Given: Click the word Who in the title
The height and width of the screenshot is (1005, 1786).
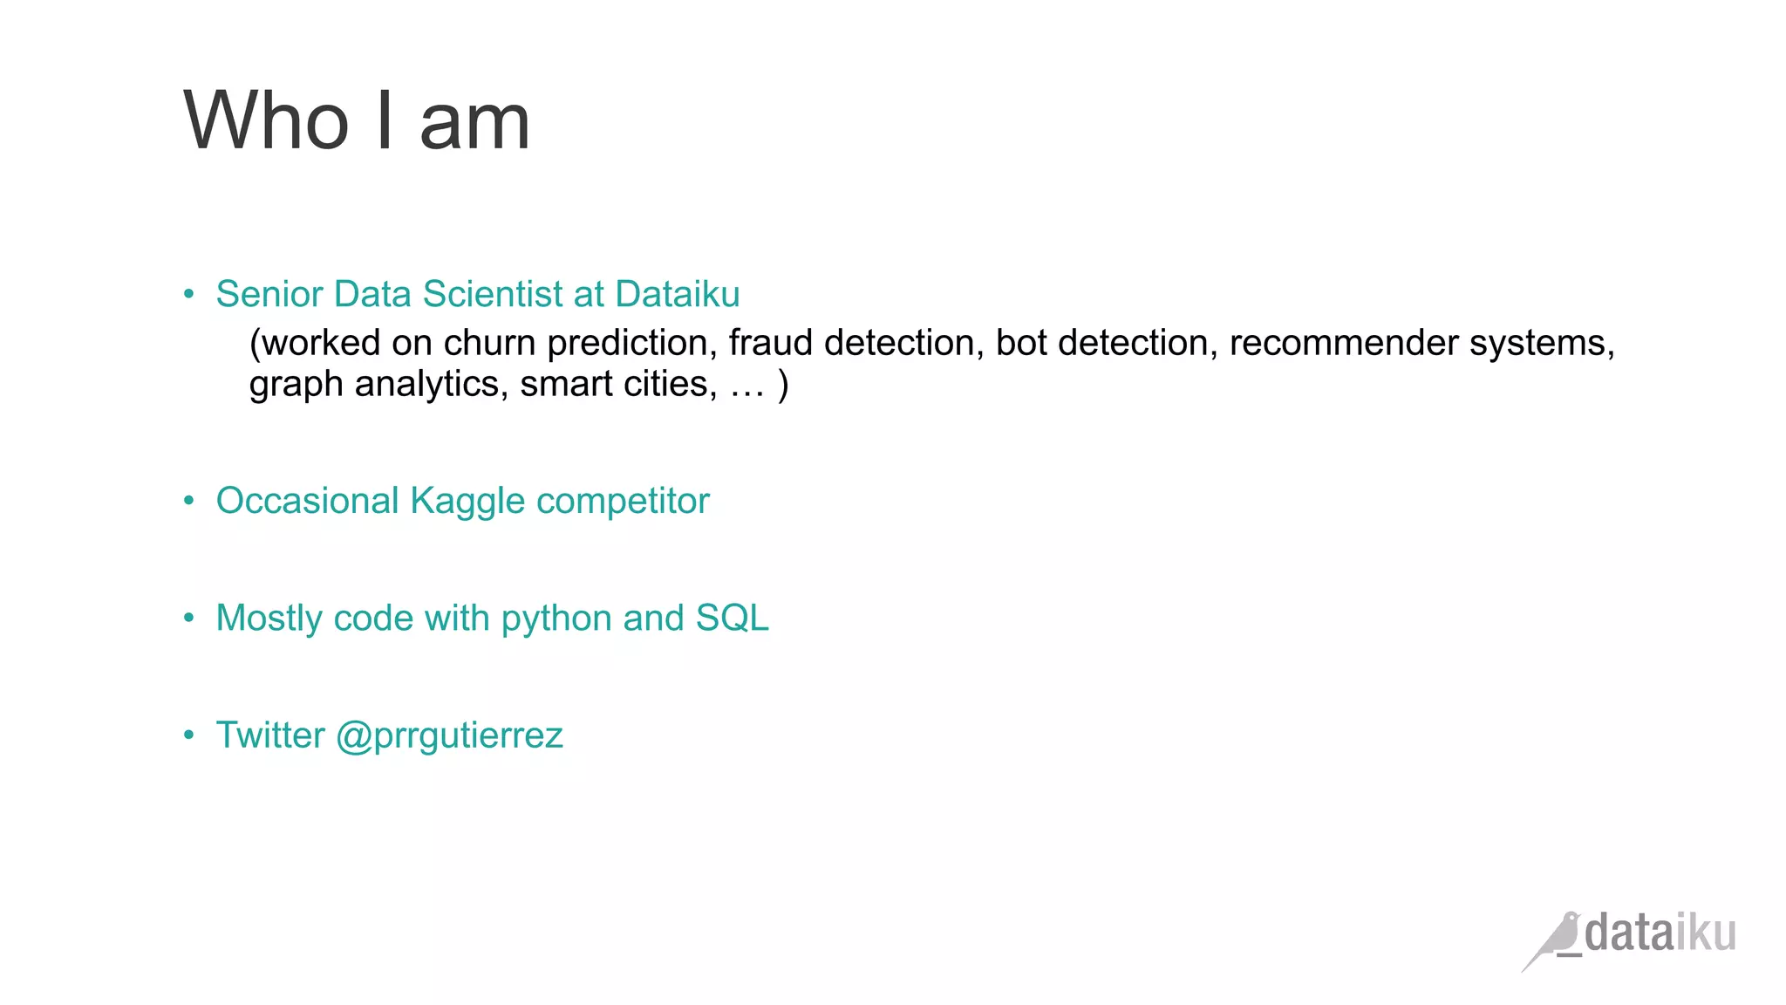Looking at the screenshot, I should (266, 121).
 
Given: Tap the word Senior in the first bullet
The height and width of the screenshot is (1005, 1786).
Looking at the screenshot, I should (269, 294).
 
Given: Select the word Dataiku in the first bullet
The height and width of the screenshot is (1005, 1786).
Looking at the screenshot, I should (677, 294).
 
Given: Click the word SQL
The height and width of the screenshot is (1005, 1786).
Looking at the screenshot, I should (732, 618).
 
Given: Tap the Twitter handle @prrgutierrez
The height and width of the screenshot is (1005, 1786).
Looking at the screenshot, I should (449, 735).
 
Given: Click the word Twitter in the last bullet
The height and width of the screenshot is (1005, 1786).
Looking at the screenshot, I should (270, 735).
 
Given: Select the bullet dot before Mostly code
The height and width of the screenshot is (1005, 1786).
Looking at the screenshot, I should (188, 619).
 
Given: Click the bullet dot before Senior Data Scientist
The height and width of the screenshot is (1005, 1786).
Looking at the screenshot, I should (188, 294).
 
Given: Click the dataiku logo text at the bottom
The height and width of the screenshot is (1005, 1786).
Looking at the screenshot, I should (1660, 933).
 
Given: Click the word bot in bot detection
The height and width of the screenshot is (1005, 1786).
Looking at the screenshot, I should (1021, 343).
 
